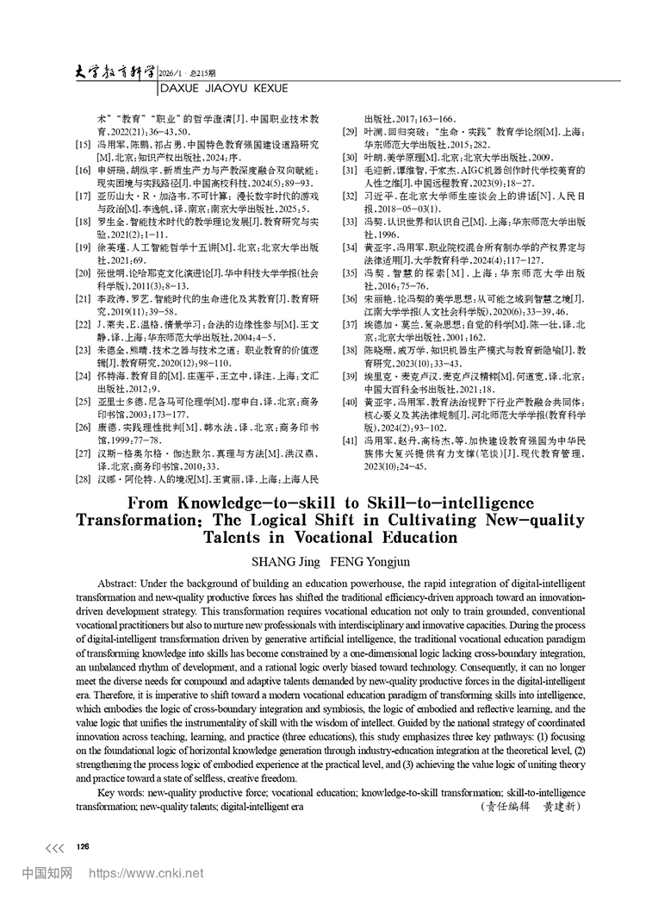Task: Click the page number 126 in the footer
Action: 84,847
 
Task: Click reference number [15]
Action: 84,146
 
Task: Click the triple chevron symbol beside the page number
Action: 55,848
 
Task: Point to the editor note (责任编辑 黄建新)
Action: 530,808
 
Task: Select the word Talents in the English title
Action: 234,537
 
